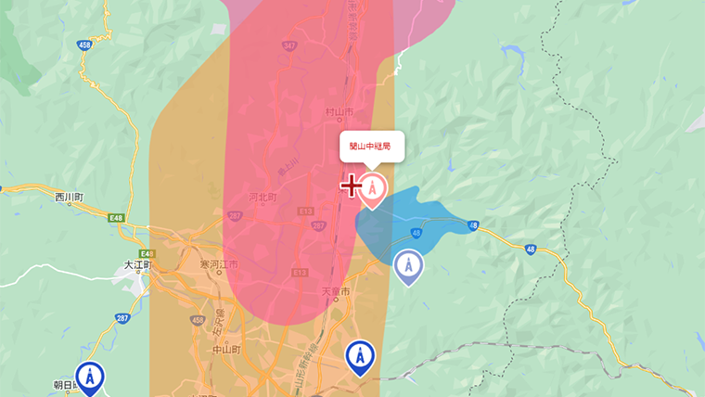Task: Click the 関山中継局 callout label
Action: [372, 147]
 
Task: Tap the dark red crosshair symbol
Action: [351, 186]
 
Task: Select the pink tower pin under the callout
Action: [372, 189]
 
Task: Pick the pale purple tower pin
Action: [408, 266]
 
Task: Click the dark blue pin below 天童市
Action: [360, 357]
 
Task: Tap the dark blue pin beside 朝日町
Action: [89, 378]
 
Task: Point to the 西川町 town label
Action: [70, 198]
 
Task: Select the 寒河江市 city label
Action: [218, 265]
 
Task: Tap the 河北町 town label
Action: [263, 198]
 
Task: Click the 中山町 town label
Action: [224, 350]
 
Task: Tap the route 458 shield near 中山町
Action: [197, 320]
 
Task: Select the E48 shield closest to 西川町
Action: [116, 218]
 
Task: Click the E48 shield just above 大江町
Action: [147, 253]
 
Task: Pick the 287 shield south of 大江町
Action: [122, 316]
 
